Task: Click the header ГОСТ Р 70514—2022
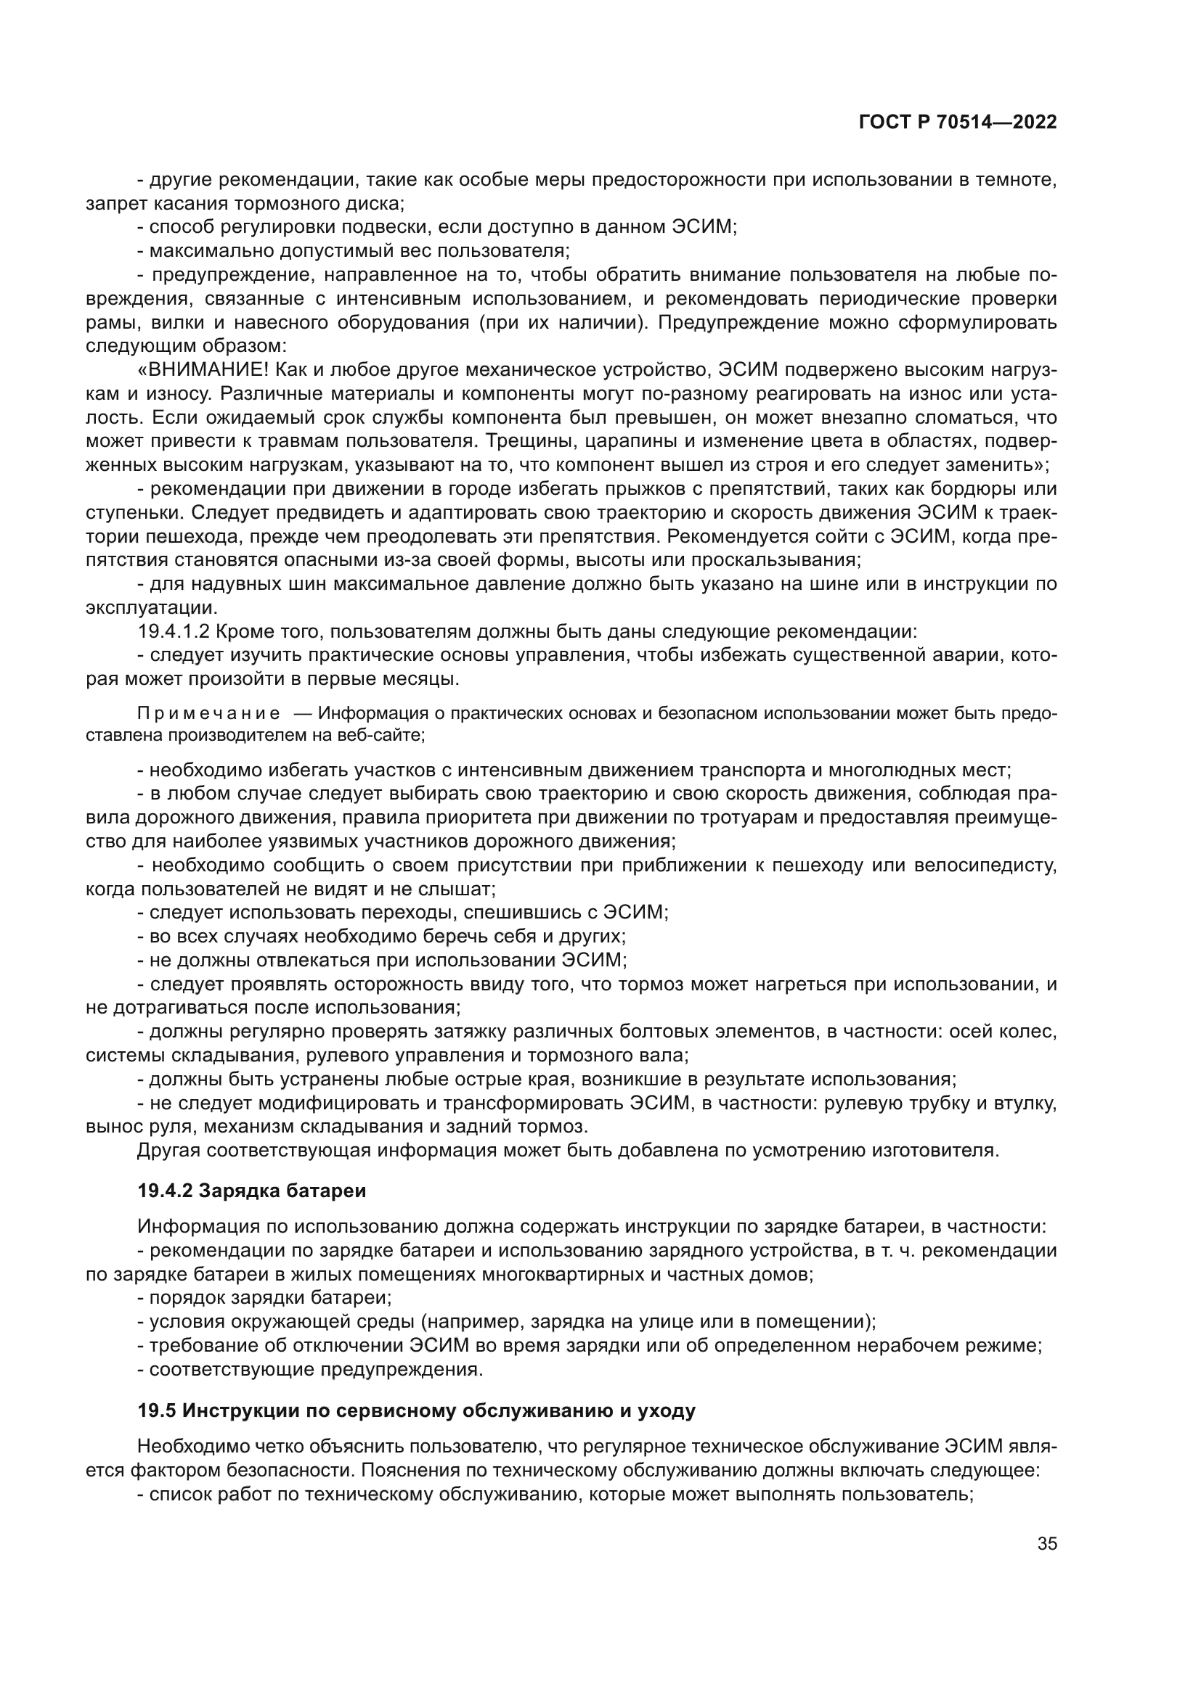958,122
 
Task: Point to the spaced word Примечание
208,713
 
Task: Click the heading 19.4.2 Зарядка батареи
251,1191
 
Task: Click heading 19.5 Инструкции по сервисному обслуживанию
416,1411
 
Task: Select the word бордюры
968,489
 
